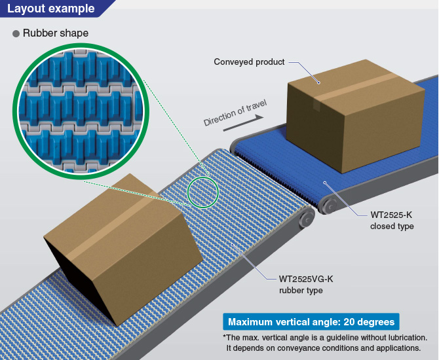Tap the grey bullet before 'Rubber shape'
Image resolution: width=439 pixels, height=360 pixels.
[16, 33]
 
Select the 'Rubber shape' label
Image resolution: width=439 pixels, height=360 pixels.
[56, 33]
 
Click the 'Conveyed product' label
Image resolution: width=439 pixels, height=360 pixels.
[249, 62]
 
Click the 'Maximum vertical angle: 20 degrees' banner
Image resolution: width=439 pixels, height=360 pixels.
[311, 322]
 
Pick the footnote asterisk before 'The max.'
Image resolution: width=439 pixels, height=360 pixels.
[225, 338]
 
